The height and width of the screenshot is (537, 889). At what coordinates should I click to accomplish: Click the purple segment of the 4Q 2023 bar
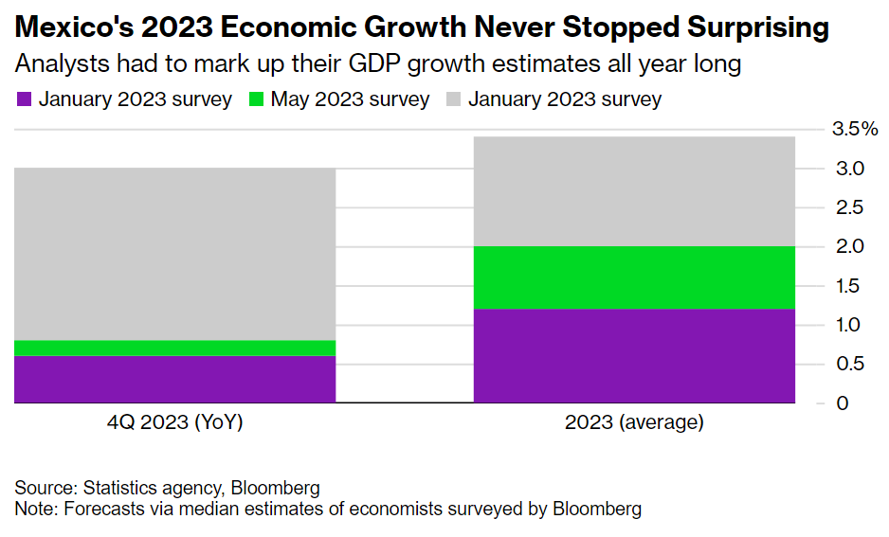[x=174, y=379]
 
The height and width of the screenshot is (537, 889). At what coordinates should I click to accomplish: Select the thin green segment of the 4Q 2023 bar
[x=174, y=348]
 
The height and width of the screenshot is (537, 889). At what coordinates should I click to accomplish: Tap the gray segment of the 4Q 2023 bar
[x=174, y=254]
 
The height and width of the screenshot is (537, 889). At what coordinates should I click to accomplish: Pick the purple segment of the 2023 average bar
[x=633, y=355]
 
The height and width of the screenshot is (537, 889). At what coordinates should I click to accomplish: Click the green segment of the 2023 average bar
[x=633, y=277]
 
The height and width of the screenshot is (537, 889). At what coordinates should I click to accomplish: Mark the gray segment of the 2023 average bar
[x=633, y=191]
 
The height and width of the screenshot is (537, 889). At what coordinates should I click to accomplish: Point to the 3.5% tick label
[x=853, y=130]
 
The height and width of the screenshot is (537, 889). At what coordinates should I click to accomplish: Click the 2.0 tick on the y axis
[x=850, y=246]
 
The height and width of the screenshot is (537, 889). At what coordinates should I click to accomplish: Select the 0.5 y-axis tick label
[x=850, y=364]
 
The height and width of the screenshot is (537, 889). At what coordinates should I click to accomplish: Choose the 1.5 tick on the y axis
[x=850, y=285]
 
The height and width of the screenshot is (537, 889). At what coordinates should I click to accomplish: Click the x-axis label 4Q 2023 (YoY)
[x=174, y=423]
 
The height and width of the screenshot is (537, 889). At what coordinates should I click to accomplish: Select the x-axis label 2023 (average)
[x=634, y=423]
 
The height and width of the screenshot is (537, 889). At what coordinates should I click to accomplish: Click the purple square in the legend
[x=25, y=99]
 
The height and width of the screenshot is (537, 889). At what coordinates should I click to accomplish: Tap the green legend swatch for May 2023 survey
[x=256, y=99]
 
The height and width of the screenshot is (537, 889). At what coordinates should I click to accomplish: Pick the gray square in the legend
[x=454, y=99]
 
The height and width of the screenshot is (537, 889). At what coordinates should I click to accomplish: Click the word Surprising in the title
[x=739, y=28]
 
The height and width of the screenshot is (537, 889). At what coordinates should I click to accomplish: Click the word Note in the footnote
[x=34, y=509]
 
